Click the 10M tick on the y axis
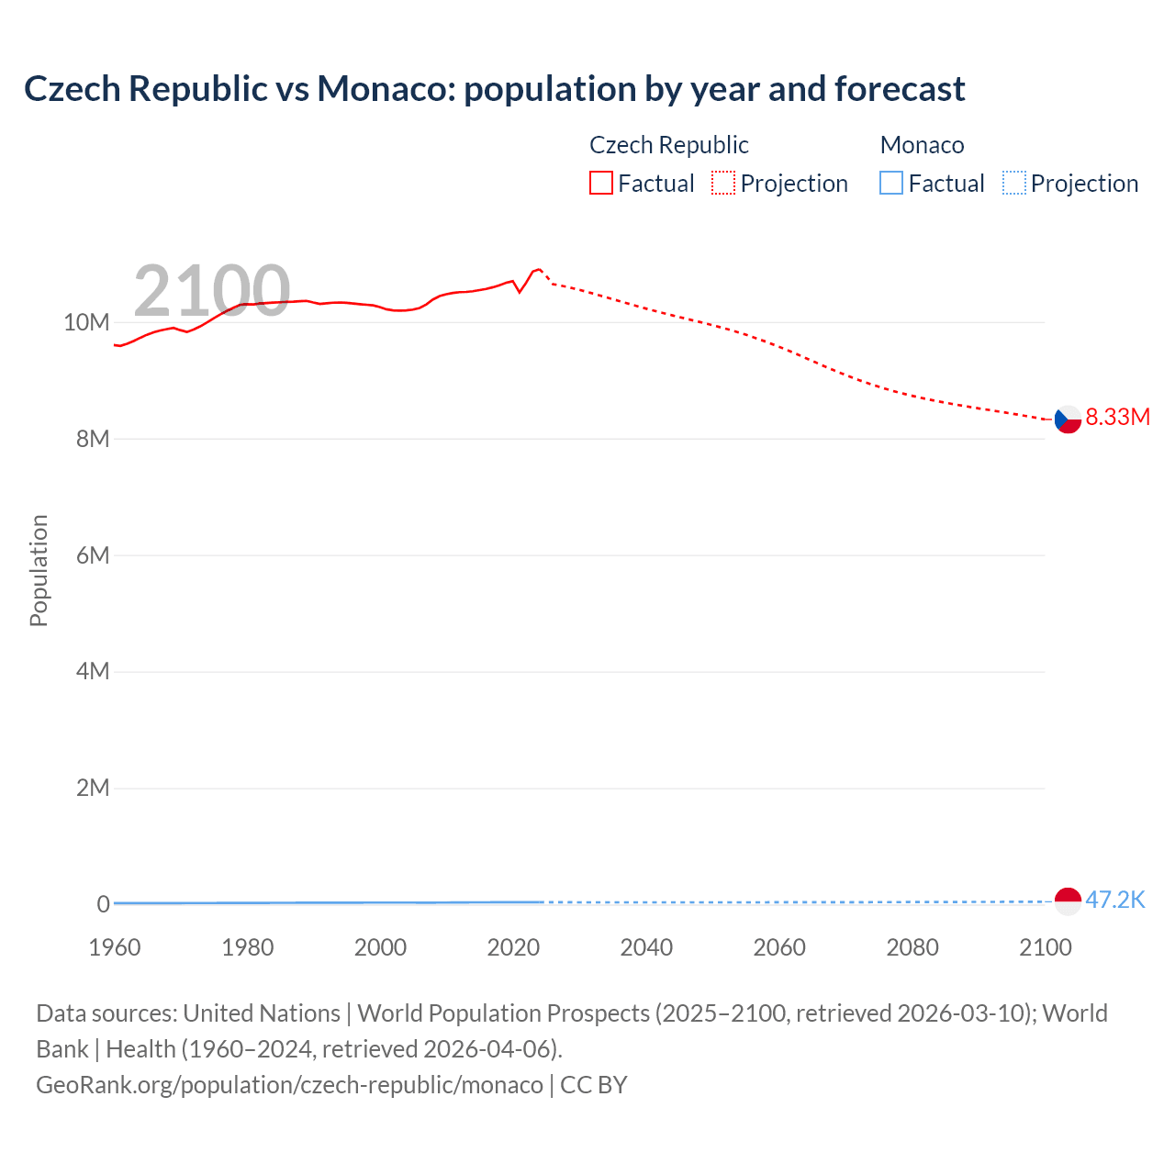pyautogui.click(x=86, y=322)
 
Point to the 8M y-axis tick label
pyautogui.click(x=93, y=439)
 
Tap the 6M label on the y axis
pyautogui.click(x=93, y=555)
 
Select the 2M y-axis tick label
pyautogui.click(x=93, y=788)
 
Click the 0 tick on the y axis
pyautogui.click(x=103, y=904)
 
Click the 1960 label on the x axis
pyautogui.click(x=115, y=947)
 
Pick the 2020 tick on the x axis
pyautogui.click(x=513, y=947)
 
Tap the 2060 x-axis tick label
pyautogui.click(x=779, y=947)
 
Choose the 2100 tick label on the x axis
pyautogui.click(x=1045, y=947)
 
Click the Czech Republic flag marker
pyautogui.click(x=1068, y=420)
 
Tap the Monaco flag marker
pyautogui.click(x=1068, y=901)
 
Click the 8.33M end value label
pyautogui.click(x=1117, y=417)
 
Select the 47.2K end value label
pyautogui.click(x=1115, y=900)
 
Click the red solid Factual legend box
pyautogui.click(x=601, y=184)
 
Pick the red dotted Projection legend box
pyautogui.click(x=723, y=184)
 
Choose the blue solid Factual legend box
pyautogui.click(x=891, y=184)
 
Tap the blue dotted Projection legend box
pyautogui.click(x=1013, y=184)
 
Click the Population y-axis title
pyautogui.click(x=39, y=570)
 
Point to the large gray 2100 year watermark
pyautogui.click(x=212, y=291)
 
